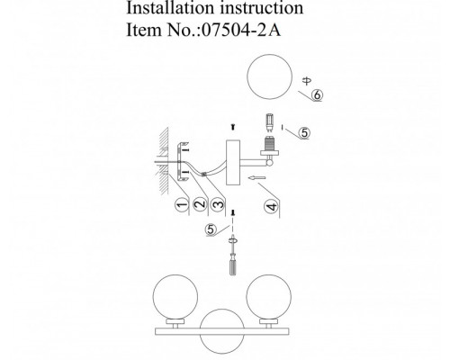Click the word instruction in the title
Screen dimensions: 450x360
(262, 8)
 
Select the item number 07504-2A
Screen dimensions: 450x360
(241, 30)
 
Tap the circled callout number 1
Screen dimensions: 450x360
(182, 205)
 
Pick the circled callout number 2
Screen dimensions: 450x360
(200, 204)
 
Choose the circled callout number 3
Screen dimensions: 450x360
(218, 204)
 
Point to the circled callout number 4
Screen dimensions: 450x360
(271, 207)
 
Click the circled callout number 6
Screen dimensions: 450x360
(317, 94)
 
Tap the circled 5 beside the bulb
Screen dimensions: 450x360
(304, 132)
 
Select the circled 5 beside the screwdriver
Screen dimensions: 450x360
(211, 229)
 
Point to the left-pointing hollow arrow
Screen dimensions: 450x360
(256, 178)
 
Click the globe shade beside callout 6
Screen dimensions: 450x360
(269, 76)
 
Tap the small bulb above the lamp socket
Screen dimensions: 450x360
(270, 122)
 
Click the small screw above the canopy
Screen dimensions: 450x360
(233, 127)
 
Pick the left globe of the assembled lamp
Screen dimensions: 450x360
(175, 297)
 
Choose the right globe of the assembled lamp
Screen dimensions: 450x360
(268, 297)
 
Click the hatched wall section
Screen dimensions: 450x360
(164, 161)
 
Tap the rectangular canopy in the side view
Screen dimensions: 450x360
(233, 162)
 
